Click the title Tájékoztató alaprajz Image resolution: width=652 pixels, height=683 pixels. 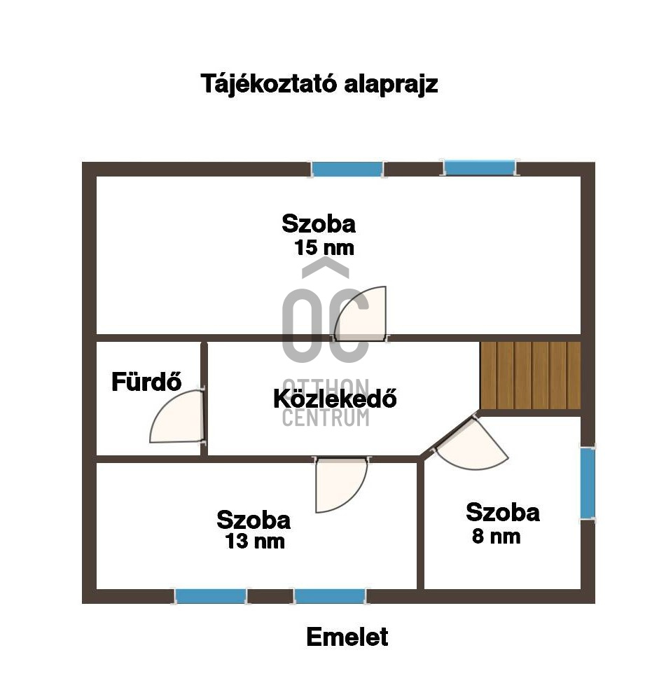[x=319, y=83]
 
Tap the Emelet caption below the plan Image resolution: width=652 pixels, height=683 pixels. [x=347, y=637]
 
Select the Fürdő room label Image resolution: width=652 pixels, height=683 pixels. [x=146, y=382]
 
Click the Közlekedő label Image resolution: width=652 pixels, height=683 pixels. [x=335, y=398]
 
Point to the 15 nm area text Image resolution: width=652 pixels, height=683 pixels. [x=324, y=247]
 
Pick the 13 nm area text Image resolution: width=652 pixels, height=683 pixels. [x=255, y=541]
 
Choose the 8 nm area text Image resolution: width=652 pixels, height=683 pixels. [x=496, y=536]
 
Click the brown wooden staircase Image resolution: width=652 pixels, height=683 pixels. [x=530, y=375]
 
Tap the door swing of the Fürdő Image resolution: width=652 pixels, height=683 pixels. [x=176, y=416]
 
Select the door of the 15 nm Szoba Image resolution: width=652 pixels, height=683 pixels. [x=360, y=313]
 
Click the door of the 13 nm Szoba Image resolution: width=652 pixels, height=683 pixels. [x=341, y=485]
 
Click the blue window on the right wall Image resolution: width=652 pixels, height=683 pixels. [x=588, y=483]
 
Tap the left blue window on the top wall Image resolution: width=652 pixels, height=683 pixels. [x=347, y=169]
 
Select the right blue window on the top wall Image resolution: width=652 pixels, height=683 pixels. [x=480, y=168]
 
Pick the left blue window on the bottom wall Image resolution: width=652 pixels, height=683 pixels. [x=211, y=596]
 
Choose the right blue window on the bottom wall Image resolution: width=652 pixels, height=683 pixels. [x=330, y=596]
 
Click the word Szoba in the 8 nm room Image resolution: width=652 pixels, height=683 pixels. [x=503, y=512]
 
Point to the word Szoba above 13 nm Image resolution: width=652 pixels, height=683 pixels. [x=254, y=520]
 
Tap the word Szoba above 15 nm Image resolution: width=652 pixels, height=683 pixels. [x=319, y=224]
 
